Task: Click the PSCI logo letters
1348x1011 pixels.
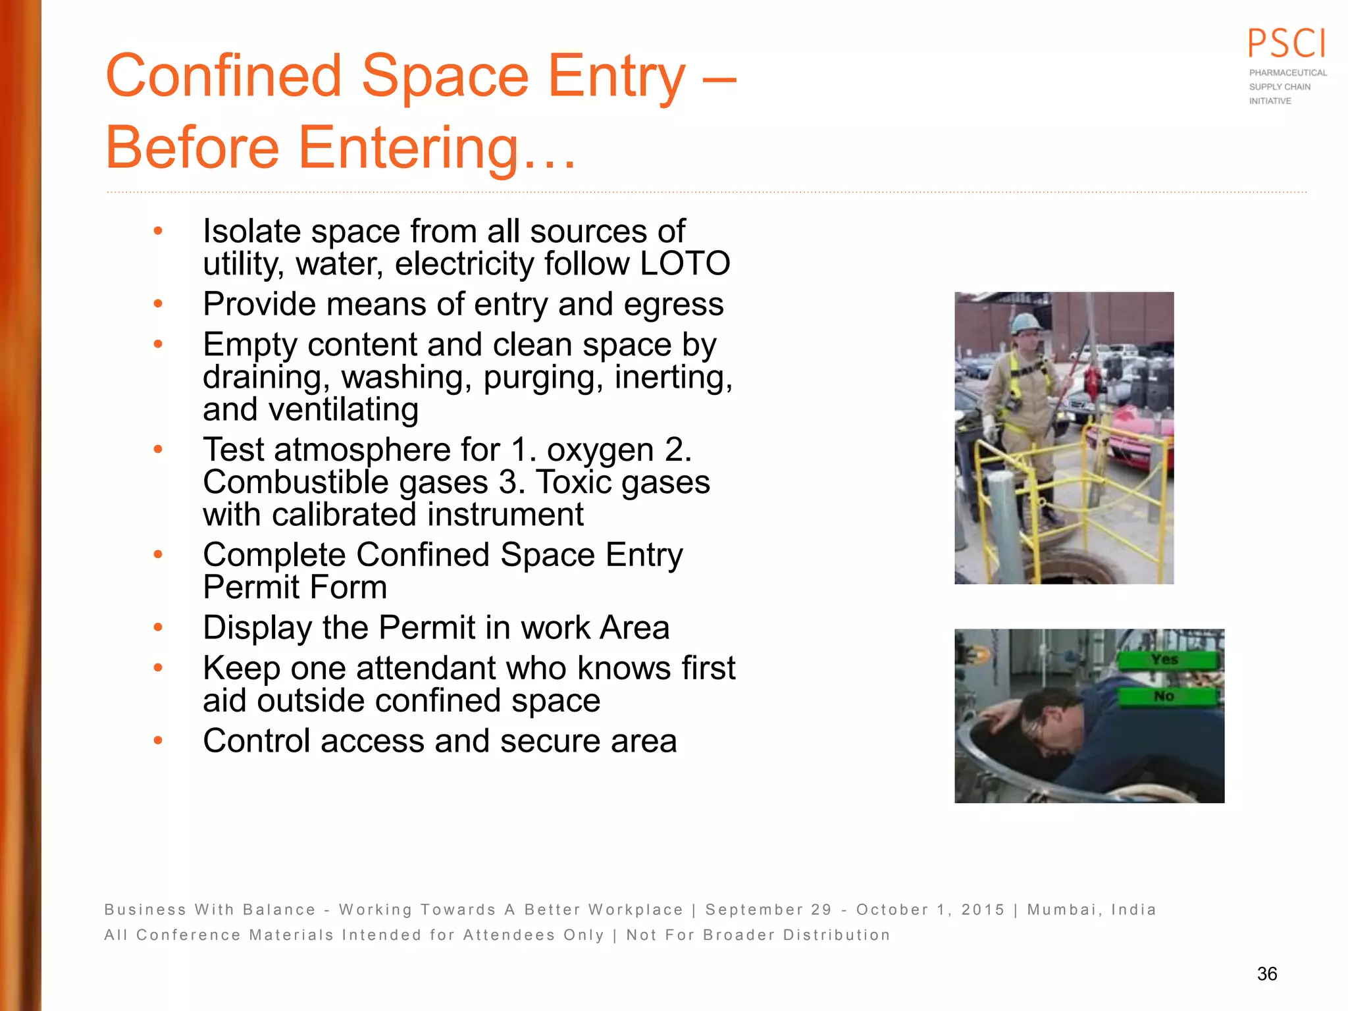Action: tap(1287, 44)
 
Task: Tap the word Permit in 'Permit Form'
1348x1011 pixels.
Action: tap(249, 587)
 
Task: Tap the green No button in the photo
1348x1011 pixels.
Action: tap(1165, 696)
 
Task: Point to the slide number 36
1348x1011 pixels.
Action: tap(1267, 974)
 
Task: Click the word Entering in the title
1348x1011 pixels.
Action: tap(409, 147)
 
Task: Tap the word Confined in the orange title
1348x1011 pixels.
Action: tap(224, 76)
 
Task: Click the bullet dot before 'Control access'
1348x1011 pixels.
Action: tap(158, 741)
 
